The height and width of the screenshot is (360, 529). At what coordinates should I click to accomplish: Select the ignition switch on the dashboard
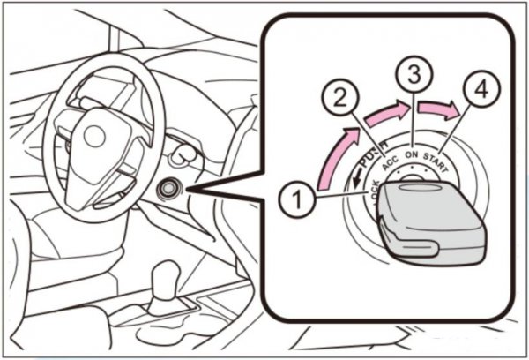pyautogui.click(x=168, y=188)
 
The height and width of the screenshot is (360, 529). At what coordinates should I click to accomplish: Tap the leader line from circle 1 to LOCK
pyautogui.click(x=344, y=198)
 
